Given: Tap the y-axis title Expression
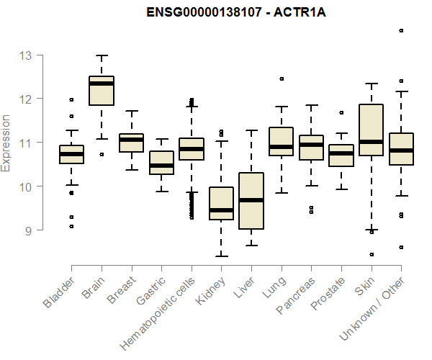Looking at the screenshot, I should tap(7, 143).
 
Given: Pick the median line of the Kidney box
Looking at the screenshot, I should tap(221, 210).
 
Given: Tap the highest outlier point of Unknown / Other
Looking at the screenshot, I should tap(401, 31).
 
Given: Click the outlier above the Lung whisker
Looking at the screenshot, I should tap(282, 78).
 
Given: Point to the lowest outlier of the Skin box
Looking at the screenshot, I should tap(372, 254).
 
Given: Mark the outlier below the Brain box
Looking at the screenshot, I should tap(102, 154).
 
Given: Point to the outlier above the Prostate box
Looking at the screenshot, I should tap(341, 112).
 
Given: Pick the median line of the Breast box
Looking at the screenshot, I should tap(131, 140).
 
